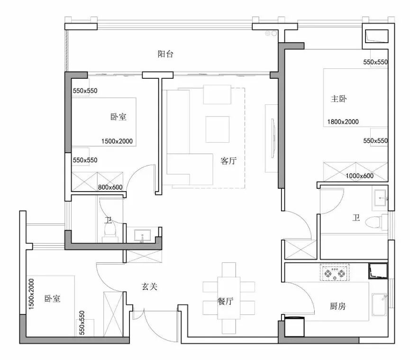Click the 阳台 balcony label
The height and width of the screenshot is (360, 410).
165,54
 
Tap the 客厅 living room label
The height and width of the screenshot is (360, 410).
228,161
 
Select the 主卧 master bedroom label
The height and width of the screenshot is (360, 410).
339,99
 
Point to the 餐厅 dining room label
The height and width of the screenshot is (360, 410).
225,302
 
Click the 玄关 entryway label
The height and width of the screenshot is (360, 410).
149,286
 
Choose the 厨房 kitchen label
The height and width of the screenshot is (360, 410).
337,306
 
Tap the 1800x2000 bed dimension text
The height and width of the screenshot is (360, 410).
343,122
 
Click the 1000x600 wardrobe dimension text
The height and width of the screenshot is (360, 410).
360,175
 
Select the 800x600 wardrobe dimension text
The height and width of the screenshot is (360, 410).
110,187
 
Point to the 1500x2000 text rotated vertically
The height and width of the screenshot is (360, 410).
31,294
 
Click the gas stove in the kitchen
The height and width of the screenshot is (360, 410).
335,272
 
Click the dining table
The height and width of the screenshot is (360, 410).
228,298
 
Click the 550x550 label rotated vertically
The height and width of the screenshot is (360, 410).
82,323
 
